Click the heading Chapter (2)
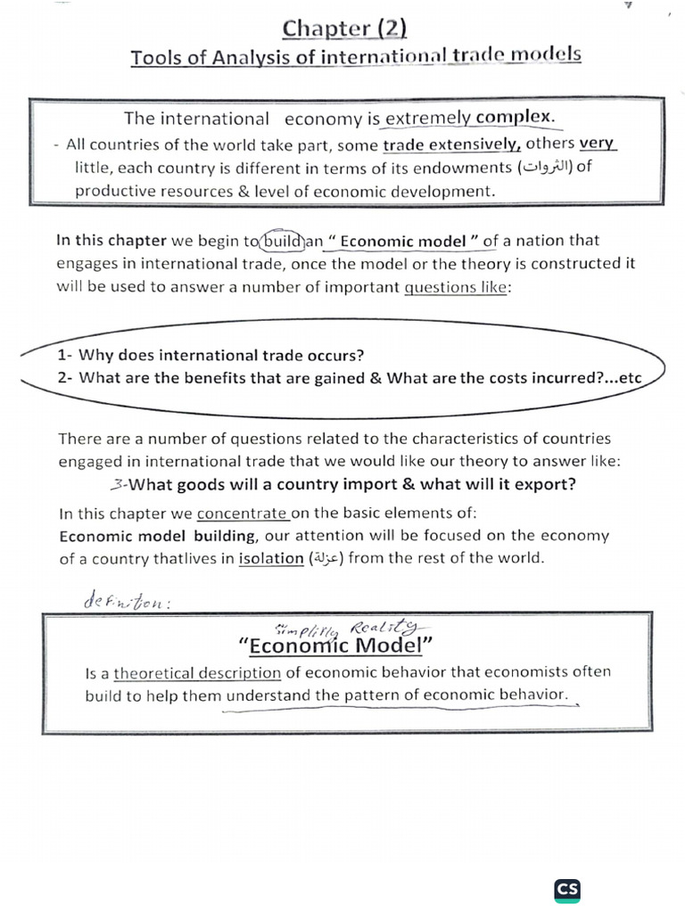click(344, 29)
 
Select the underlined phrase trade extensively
click(452, 145)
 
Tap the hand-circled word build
click(284, 240)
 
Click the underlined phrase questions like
click(456, 287)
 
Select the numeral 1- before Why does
click(65, 355)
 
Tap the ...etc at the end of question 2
click(623, 377)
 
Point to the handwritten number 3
click(119, 484)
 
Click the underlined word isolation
click(271, 558)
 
